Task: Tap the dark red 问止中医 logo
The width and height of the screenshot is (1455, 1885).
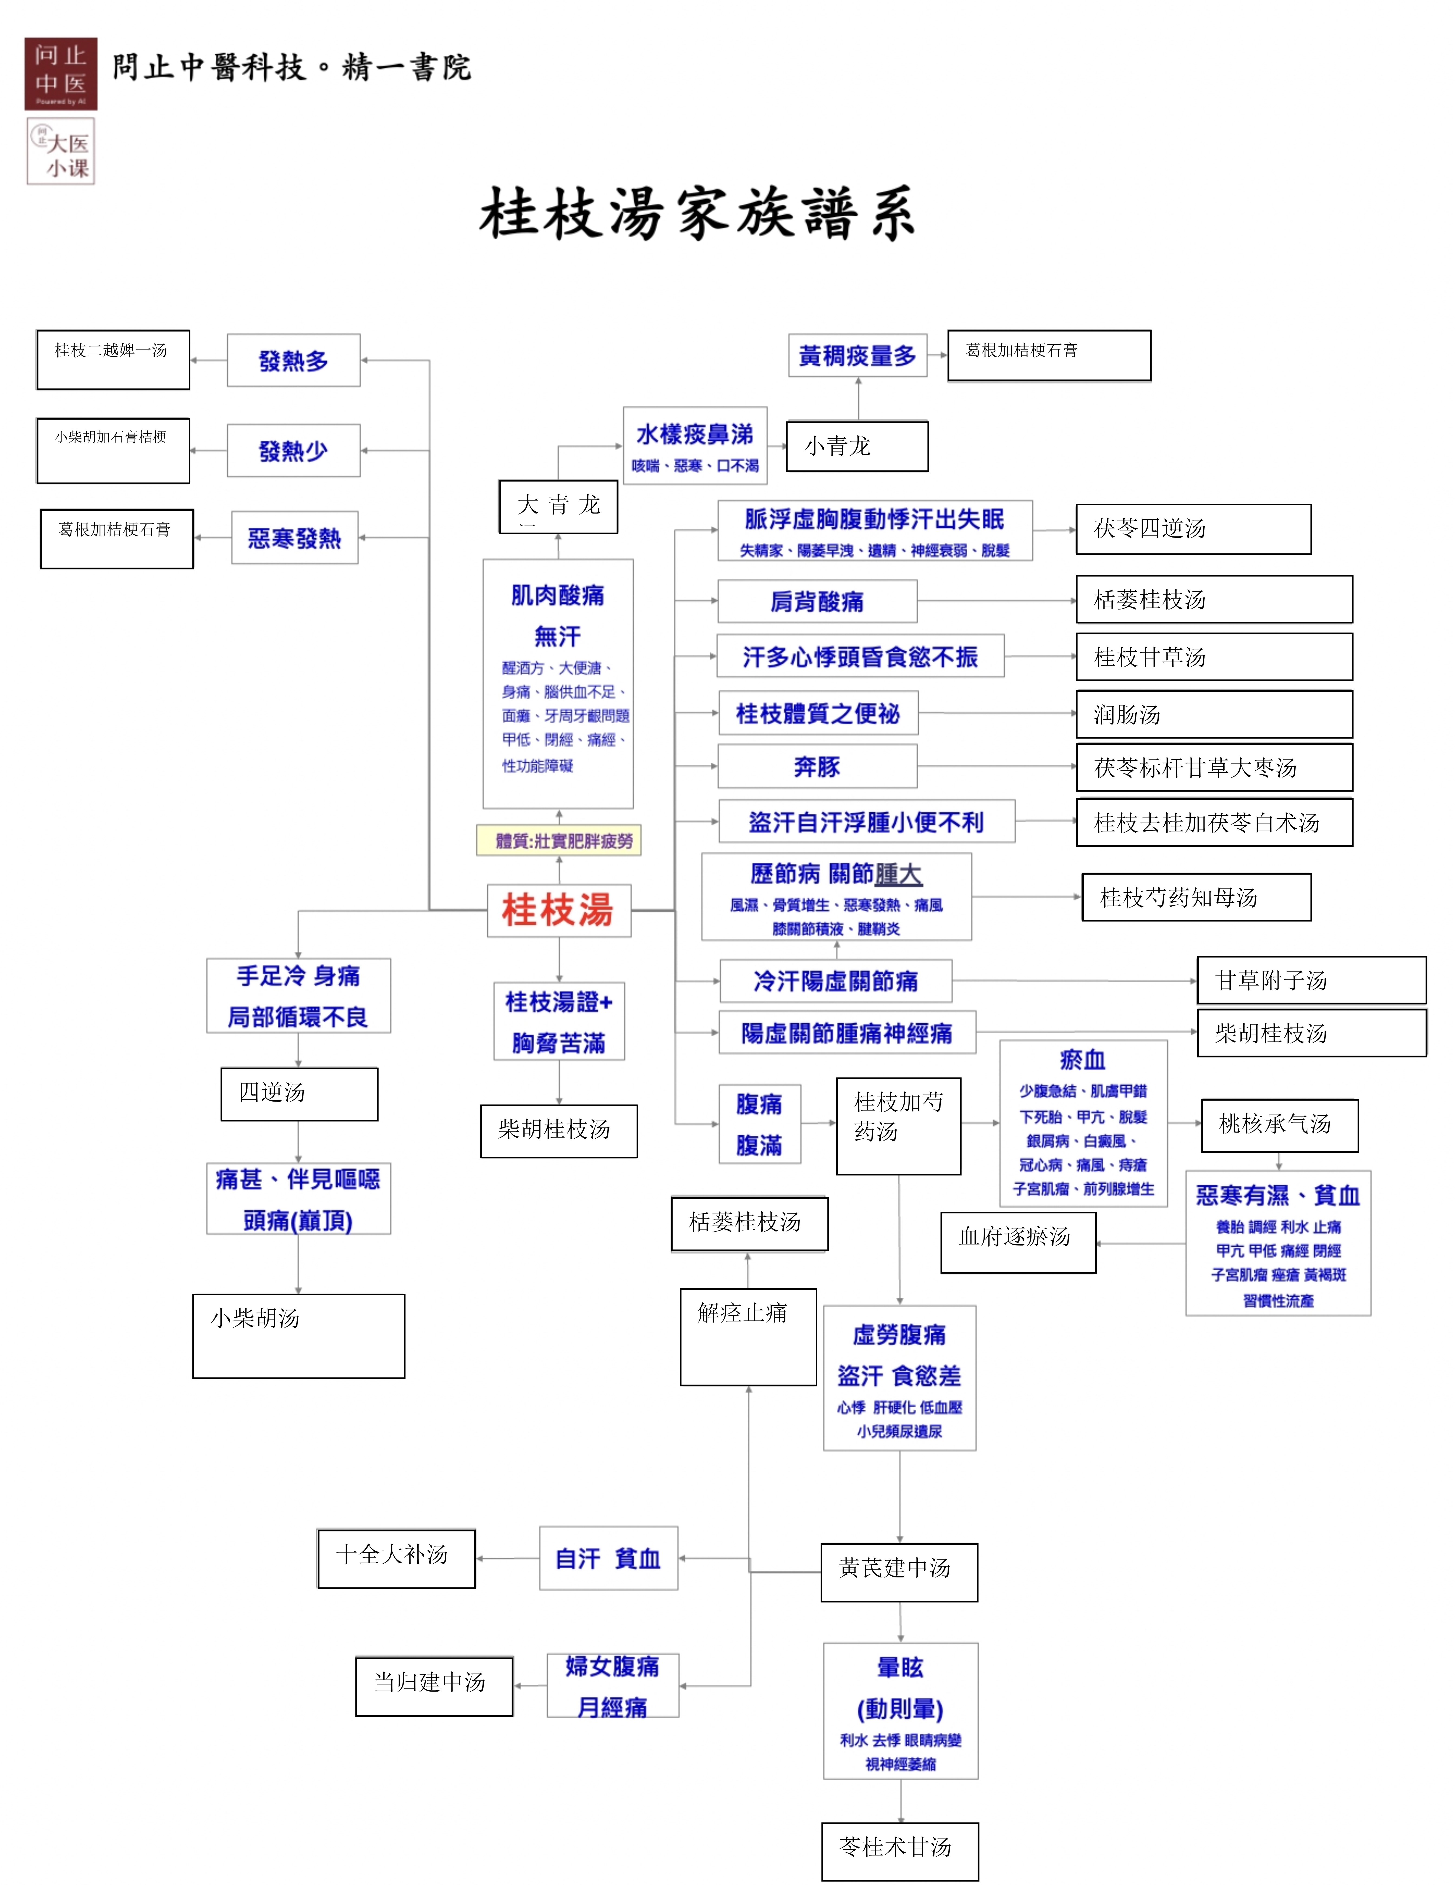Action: pyautogui.click(x=60, y=73)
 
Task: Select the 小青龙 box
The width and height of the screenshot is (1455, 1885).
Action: pyautogui.click(x=857, y=446)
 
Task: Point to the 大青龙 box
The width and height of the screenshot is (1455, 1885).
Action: pyautogui.click(x=559, y=507)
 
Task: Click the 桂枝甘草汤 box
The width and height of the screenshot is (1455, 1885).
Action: pyautogui.click(x=1214, y=657)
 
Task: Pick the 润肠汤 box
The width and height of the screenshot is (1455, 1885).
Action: pyautogui.click(x=1214, y=714)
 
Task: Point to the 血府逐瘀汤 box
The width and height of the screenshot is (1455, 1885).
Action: pyautogui.click(x=1018, y=1242)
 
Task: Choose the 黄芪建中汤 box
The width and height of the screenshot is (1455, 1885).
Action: pyautogui.click(x=899, y=1573)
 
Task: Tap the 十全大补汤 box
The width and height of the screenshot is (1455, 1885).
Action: pyautogui.click(x=396, y=1559)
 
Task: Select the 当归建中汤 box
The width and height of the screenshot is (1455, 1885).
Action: pyautogui.click(x=434, y=1686)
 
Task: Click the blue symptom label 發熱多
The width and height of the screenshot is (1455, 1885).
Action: pyautogui.click(x=294, y=361)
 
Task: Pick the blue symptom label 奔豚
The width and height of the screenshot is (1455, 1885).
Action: pyautogui.click(x=817, y=766)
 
